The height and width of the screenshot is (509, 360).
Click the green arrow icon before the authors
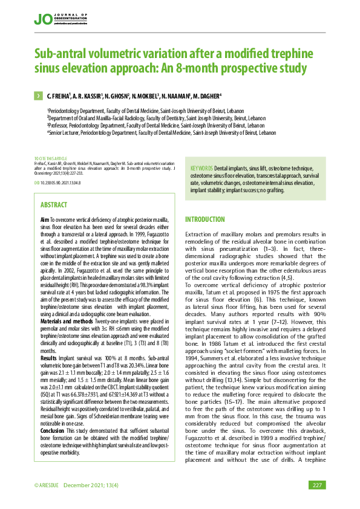point(38,96)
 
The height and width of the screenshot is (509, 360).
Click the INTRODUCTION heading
point(205,219)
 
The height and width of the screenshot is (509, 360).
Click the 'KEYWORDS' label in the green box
point(201,167)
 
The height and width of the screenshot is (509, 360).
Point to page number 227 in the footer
point(316,485)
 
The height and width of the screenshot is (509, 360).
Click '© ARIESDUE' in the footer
point(47,485)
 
